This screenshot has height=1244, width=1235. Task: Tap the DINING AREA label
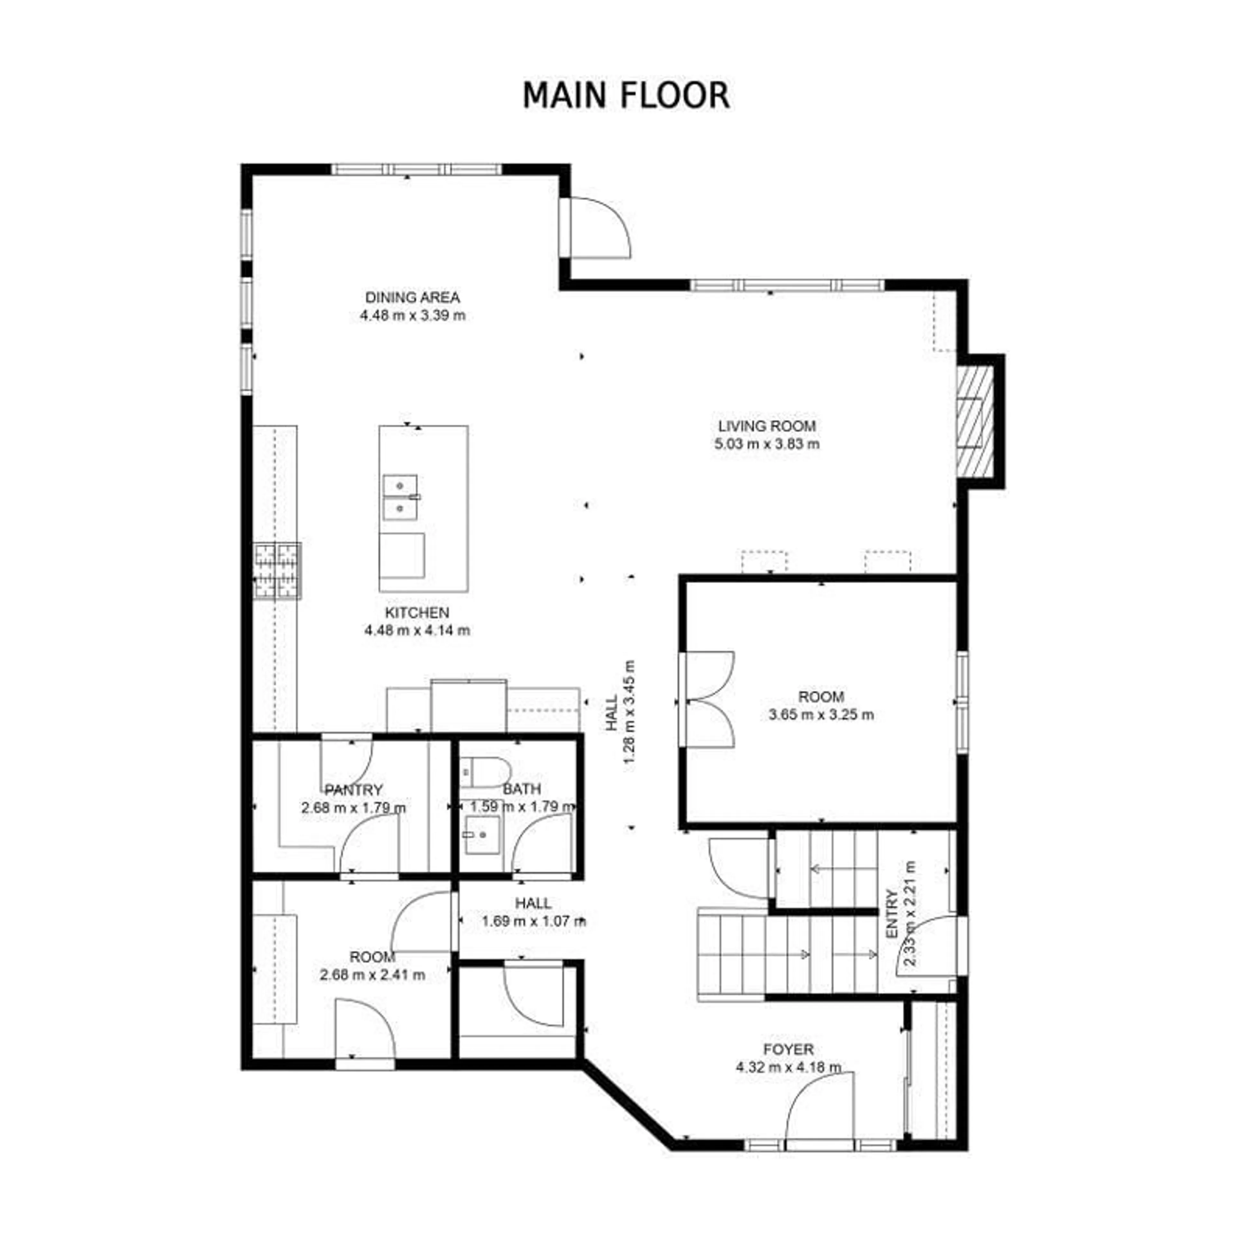pyautogui.click(x=412, y=297)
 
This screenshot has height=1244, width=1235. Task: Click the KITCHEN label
pyautogui.click(x=416, y=612)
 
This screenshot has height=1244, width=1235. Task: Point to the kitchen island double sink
pyautogui.click(x=400, y=497)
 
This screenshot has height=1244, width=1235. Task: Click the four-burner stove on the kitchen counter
pyautogui.click(x=277, y=570)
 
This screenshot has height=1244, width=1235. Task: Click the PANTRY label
pyautogui.click(x=353, y=789)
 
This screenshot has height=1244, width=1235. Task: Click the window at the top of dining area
pyautogui.click(x=416, y=170)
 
